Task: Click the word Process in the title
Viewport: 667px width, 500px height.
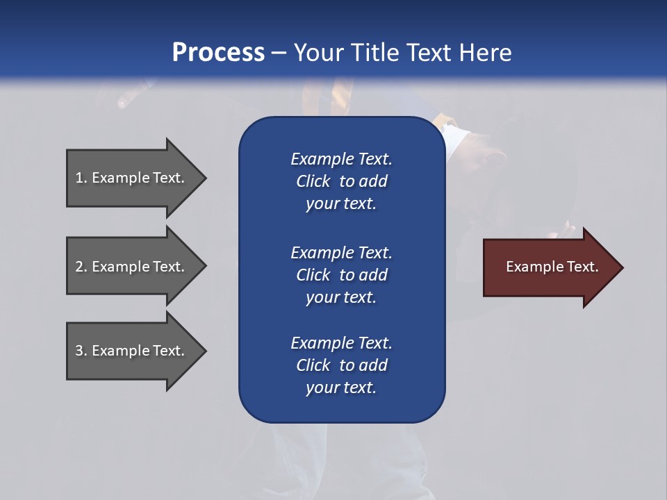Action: point(218,53)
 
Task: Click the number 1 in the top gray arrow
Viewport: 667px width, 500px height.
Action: point(79,178)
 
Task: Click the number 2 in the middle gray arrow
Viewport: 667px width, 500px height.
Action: point(79,267)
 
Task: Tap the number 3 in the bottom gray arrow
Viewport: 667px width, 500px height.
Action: point(79,351)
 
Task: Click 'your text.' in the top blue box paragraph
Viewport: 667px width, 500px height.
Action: point(341,204)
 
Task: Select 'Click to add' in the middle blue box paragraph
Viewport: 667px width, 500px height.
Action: point(342,275)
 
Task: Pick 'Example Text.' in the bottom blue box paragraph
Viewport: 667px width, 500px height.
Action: point(342,343)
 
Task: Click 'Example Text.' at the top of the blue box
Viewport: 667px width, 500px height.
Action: point(342,159)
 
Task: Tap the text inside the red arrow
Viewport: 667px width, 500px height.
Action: point(552,267)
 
